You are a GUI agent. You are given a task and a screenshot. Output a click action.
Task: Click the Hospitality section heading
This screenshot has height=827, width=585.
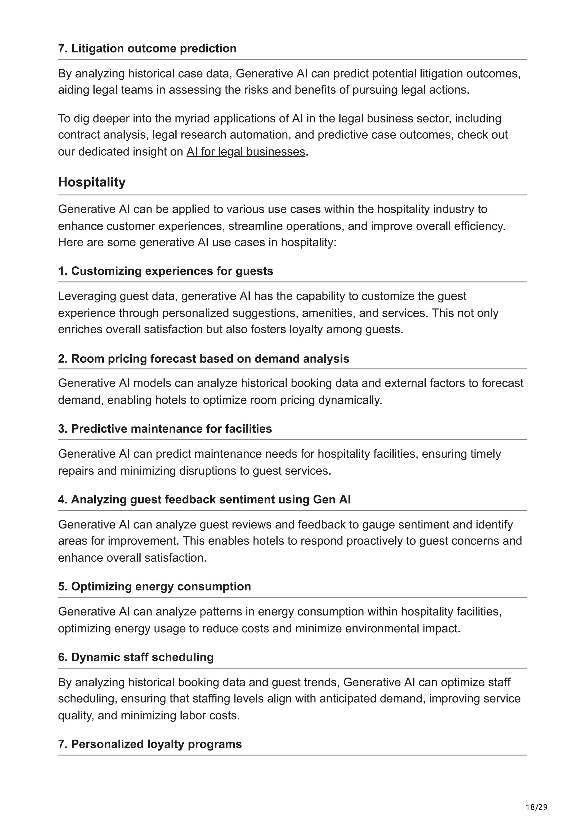tap(92, 182)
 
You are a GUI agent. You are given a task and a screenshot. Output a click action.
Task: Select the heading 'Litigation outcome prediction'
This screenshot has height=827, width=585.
tap(147, 49)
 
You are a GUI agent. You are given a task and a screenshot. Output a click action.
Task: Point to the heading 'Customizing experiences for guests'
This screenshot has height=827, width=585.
tap(165, 271)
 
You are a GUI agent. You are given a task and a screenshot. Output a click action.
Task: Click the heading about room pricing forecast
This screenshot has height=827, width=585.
tap(204, 358)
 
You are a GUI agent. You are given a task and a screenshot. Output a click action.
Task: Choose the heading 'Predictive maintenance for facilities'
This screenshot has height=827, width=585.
tap(165, 429)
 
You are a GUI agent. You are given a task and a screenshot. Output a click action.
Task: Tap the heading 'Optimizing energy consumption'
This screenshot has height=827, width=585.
tap(154, 586)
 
